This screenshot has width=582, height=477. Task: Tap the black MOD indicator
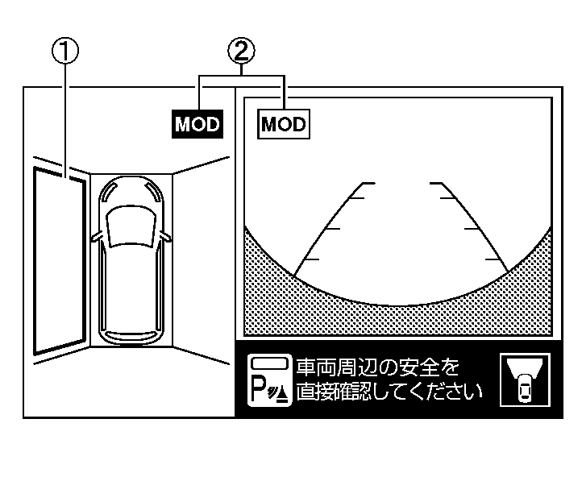[x=197, y=124]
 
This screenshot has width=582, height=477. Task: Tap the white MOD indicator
[x=284, y=124]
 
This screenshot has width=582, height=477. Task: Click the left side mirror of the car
[x=96, y=237]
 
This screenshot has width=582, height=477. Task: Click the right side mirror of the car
[x=166, y=237]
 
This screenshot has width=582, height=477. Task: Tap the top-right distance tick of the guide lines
[x=440, y=185]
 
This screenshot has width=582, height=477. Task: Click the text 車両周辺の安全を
[x=378, y=368]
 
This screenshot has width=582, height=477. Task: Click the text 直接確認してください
[x=389, y=392]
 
